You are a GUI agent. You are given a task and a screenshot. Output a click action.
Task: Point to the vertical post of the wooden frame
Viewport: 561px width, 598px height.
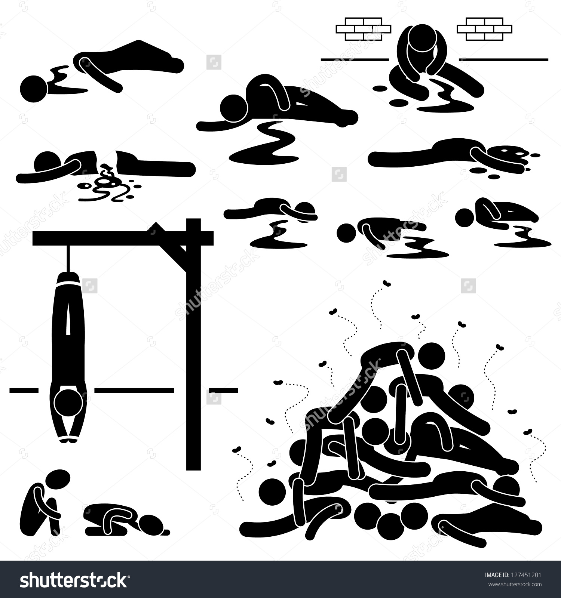pyautogui.click(x=193, y=344)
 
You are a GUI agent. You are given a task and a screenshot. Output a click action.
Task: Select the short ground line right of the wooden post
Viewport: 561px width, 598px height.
pyautogui.click(x=223, y=390)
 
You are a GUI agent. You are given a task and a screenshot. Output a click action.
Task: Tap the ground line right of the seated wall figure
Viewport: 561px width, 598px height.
pyautogui.click(x=503, y=59)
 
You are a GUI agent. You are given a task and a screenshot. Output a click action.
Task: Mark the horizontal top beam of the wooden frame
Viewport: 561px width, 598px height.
pyautogui.click(x=123, y=238)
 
